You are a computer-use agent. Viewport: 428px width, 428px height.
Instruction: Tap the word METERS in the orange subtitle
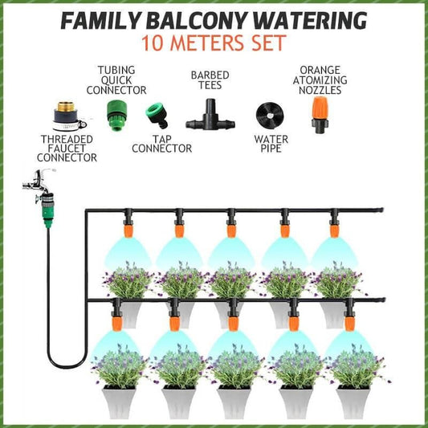click(208, 43)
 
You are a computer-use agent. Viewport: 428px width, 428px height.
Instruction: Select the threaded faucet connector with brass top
click(68, 116)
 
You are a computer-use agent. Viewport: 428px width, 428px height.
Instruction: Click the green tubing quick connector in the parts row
click(116, 116)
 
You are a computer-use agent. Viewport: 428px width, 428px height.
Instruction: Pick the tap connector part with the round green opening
click(157, 115)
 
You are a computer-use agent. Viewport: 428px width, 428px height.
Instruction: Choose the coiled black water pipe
click(270, 115)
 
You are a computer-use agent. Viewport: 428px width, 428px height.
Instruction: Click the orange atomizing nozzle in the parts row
click(320, 115)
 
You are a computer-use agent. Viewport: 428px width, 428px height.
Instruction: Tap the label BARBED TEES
click(210, 80)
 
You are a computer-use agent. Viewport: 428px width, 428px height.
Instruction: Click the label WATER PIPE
click(271, 144)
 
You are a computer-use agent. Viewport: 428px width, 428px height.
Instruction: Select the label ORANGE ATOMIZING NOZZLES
click(320, 80)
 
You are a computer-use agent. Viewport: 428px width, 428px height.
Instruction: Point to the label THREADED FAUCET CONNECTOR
click(67, 149)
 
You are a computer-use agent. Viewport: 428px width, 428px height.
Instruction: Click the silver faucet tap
click(39, 182)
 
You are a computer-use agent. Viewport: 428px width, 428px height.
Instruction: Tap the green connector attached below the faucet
click(47, 210)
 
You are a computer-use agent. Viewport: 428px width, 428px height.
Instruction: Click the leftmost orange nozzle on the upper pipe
click(128, 230)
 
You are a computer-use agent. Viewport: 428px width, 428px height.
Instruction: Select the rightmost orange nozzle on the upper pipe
click(334, 230)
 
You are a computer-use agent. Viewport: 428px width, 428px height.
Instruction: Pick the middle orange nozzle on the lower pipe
click(233, 324)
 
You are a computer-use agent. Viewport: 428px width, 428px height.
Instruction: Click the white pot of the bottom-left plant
click(119, 402)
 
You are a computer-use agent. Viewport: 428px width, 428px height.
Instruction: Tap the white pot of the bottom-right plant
click(353, 402)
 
